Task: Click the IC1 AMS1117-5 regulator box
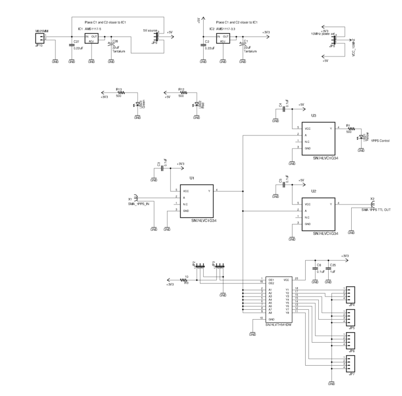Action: [92, 38]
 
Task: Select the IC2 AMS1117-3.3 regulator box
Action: [223, 38]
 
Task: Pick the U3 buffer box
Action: [314, 138]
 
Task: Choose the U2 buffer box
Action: [314, 213]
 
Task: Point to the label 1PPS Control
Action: [381, 140]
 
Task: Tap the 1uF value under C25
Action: [333, 272]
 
